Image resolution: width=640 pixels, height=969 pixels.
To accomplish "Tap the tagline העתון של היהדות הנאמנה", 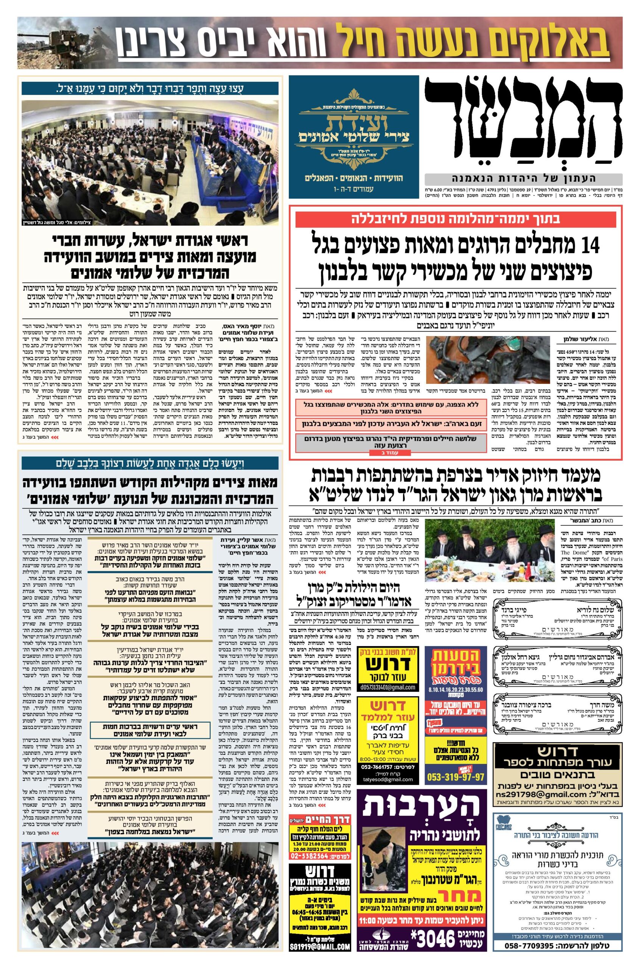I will (524, 178).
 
